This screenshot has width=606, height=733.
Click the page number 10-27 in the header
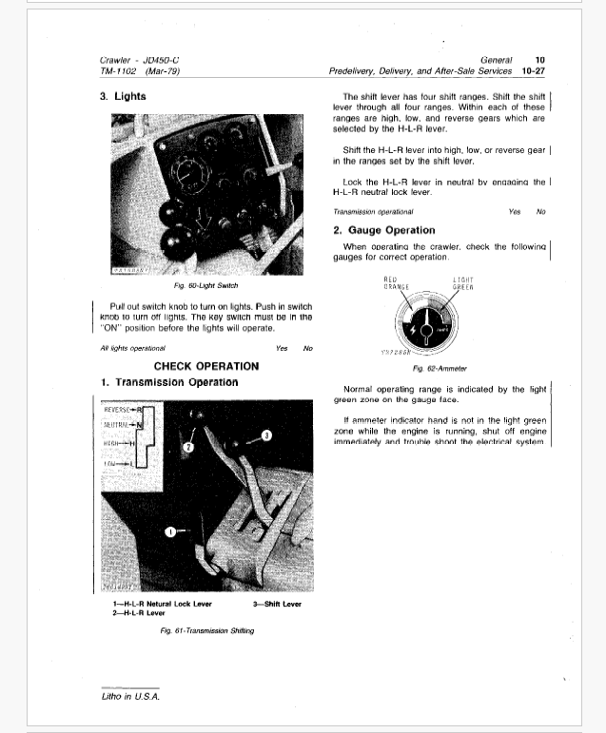[527, 70]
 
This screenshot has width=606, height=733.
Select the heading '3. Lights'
[123, 96]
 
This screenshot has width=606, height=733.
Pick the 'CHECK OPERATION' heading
[205, 366]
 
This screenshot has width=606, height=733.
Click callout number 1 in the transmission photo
[170, 531]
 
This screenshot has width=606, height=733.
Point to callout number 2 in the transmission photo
[188, 445]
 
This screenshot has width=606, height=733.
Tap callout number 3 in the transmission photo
[265, 434]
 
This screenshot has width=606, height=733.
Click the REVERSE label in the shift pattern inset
[121, 410]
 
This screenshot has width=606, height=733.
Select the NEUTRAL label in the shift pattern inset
[121, 425]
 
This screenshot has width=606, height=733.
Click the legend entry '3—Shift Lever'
[277, 604]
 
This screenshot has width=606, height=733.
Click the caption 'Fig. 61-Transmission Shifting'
[208, 630]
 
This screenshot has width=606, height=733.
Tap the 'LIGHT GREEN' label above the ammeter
[463, 281]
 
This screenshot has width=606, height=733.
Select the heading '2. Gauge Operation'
[384, 230]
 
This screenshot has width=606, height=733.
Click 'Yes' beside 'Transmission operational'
[515, 211]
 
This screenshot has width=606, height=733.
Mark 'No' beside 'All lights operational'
[307, 348]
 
